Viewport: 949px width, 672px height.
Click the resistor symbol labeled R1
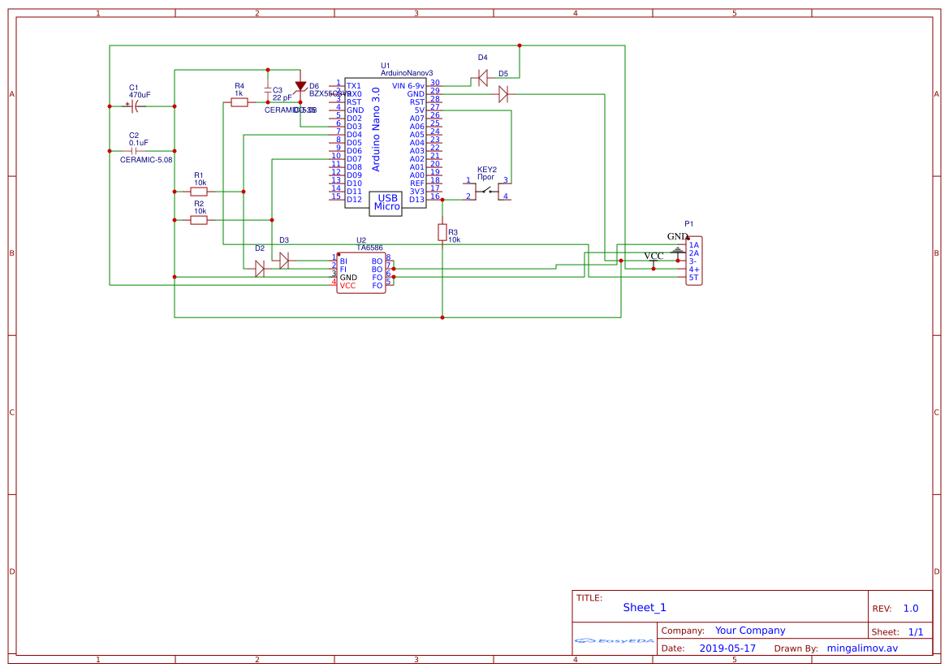(199, 192)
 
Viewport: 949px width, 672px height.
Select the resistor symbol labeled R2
(199, 220)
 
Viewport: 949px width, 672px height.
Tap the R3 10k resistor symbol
(442, 233)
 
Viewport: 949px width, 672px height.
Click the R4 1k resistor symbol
(239, 102)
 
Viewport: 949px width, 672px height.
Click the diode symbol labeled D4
(482, 78)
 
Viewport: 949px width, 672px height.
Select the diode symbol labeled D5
(503, 94)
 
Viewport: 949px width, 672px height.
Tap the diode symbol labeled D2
(260, 269)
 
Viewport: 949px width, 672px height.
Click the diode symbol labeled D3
(284, 261)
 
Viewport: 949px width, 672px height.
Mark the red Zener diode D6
(300, 87)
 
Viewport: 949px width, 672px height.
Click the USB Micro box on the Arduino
(386, 202)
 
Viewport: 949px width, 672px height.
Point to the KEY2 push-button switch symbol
(487, 191)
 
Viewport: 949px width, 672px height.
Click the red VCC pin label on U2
(347, 286)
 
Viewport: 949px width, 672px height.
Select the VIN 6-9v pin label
(408, 86)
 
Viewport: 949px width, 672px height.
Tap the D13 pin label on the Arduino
(416, 200)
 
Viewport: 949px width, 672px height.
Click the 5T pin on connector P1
(693, 278)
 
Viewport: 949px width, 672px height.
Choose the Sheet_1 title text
(645, 607)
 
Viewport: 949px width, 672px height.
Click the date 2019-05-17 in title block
(727, 648)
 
